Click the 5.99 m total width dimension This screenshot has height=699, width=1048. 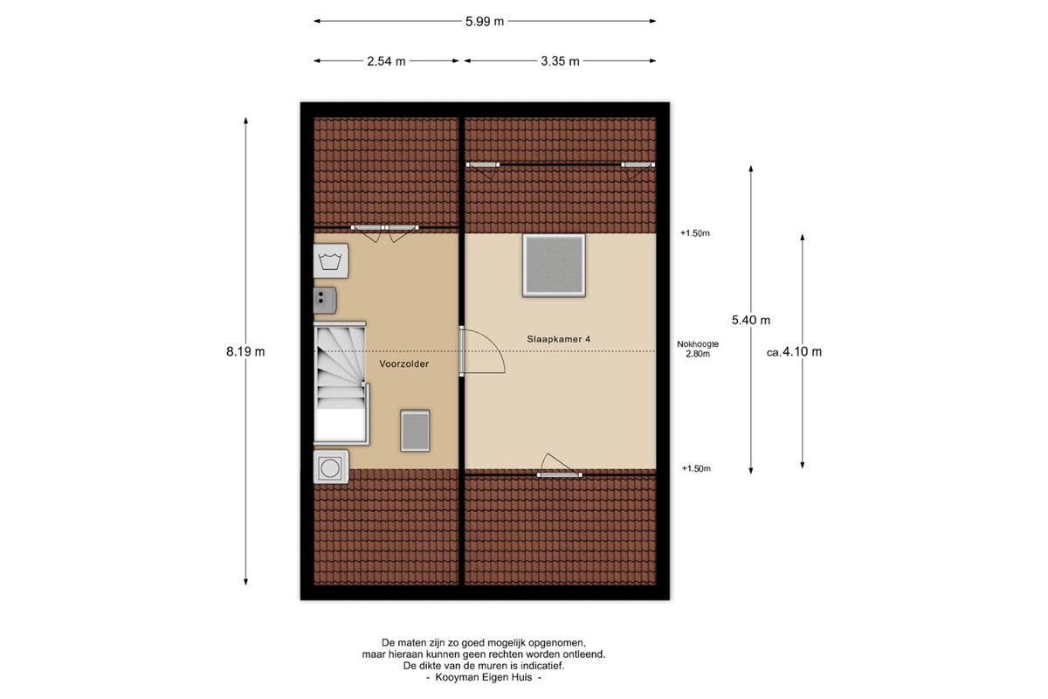click(x=484, y=22)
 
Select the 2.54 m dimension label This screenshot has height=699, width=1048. click(x=386, y=61)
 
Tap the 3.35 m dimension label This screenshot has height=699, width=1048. click(x=560, y=61)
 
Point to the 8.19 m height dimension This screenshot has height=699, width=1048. click(x=245, y=351)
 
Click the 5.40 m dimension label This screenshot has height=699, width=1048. click(x=751, y=321)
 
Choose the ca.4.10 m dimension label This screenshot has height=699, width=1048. click(x=794, y=351)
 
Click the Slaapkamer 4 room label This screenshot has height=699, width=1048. click(x=559, y=339)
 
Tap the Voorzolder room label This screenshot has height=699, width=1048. click(x=403, y=363)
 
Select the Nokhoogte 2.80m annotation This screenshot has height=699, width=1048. click(x=698, y=349)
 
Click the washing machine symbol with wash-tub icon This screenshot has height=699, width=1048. click(x=331, y=260)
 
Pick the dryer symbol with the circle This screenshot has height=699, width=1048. click(x=331, y=467)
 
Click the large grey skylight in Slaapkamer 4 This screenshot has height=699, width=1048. click(x=554, y=266)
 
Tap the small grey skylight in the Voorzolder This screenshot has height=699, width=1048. click(x=415, y=431)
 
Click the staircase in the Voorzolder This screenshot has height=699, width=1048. click(x=341, y=384)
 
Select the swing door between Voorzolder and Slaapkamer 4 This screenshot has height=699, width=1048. click(x=482, y=351)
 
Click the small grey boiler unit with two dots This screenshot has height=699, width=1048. click(x=325, y=300)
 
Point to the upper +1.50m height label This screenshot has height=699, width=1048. click(x=695, y=233)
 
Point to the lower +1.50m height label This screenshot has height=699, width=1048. click(x=696, y=468)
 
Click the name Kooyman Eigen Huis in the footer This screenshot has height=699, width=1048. click(x=484, y=677)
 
